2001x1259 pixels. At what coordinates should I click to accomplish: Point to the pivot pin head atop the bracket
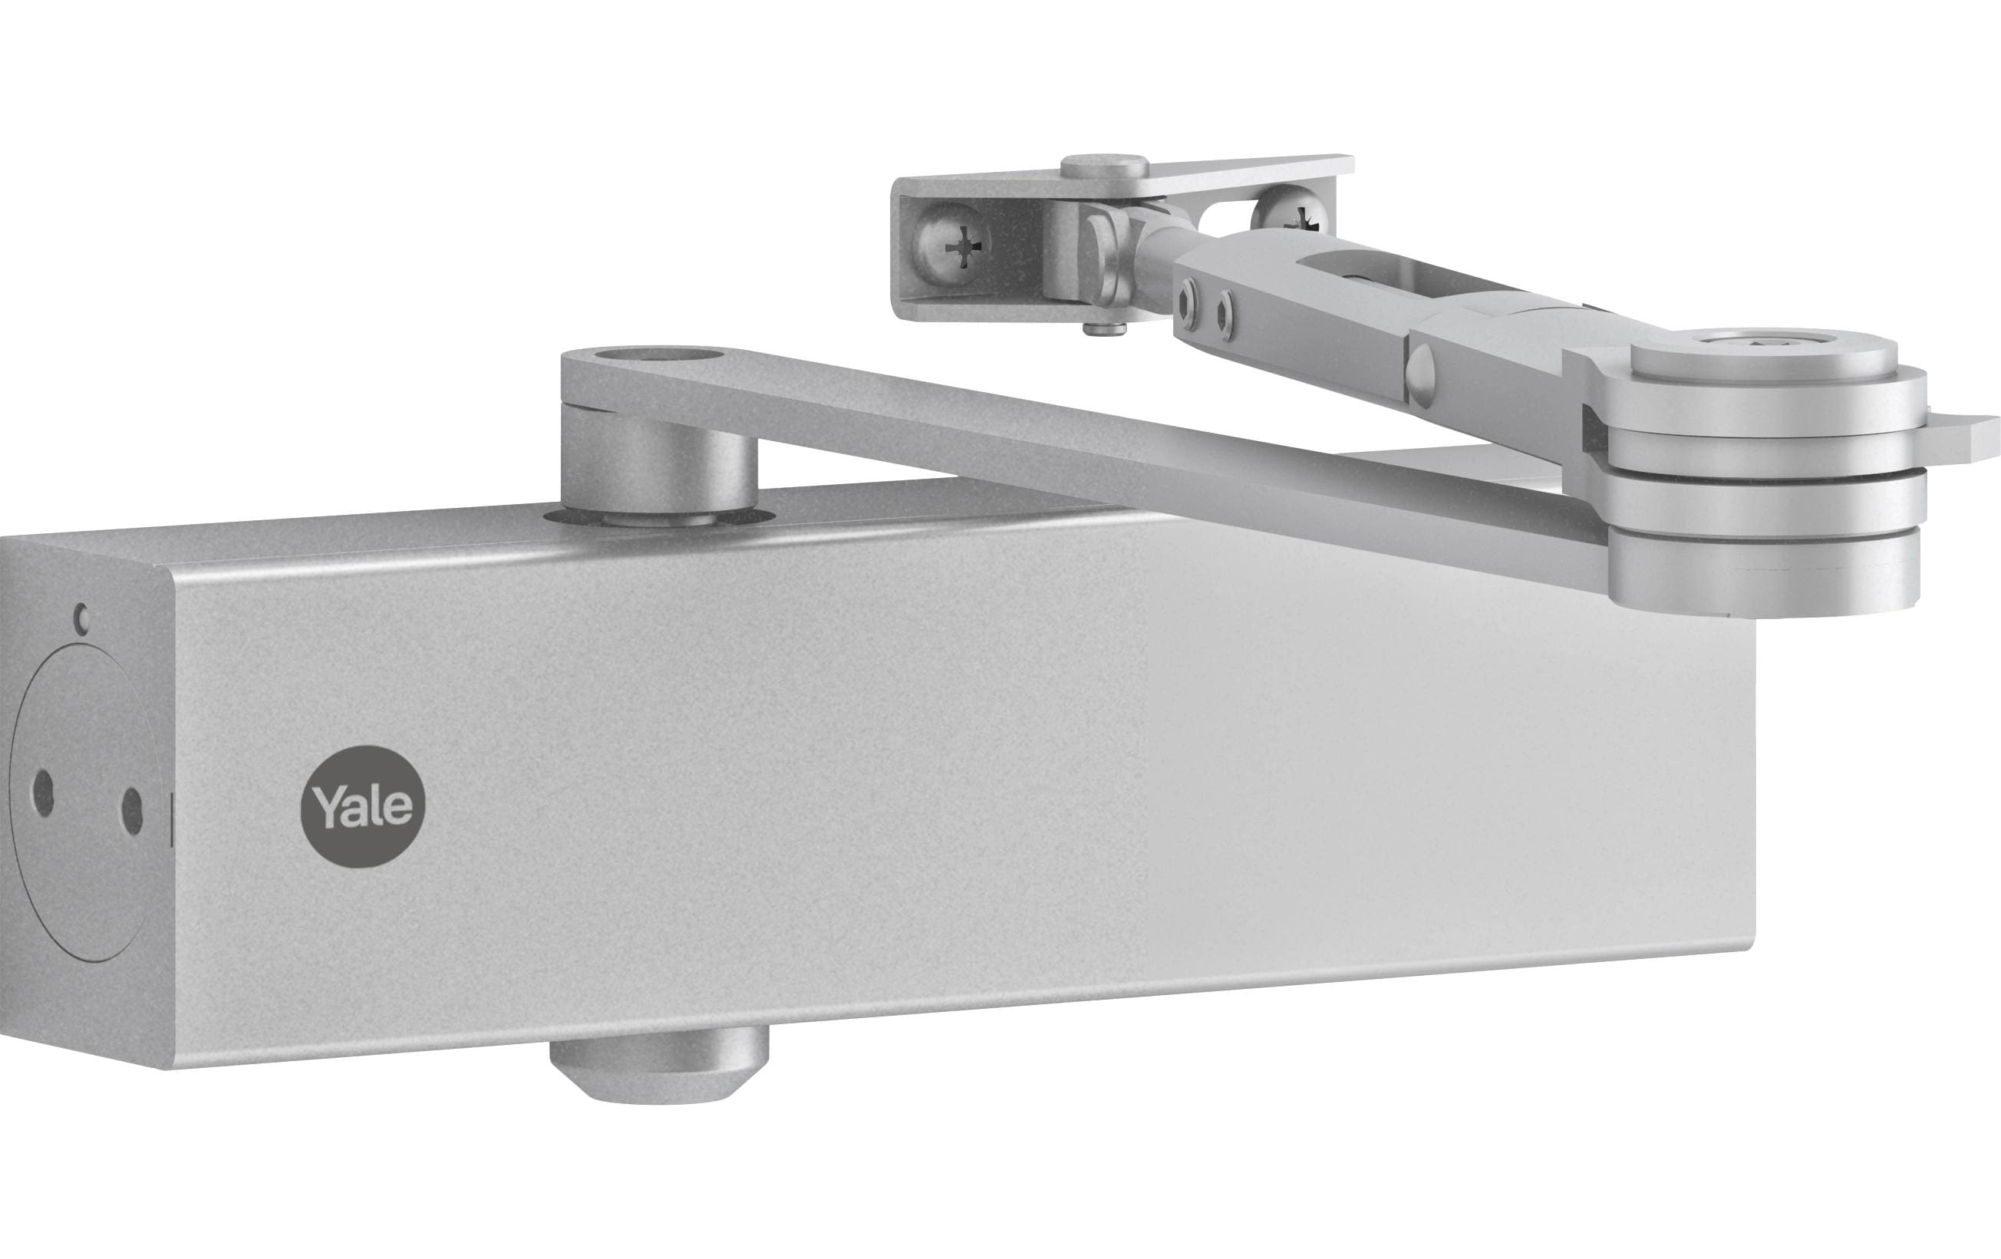(x=1104, y=166)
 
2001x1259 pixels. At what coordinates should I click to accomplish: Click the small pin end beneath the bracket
(x=1104, y=328)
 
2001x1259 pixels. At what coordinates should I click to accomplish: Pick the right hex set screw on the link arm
(x=1225, y=316)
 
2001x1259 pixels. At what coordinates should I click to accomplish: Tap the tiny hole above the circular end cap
(x=81, y=618)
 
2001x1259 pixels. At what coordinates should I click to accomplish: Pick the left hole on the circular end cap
(x=43, y=793)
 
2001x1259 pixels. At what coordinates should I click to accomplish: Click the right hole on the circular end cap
(x=131, y=810)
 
